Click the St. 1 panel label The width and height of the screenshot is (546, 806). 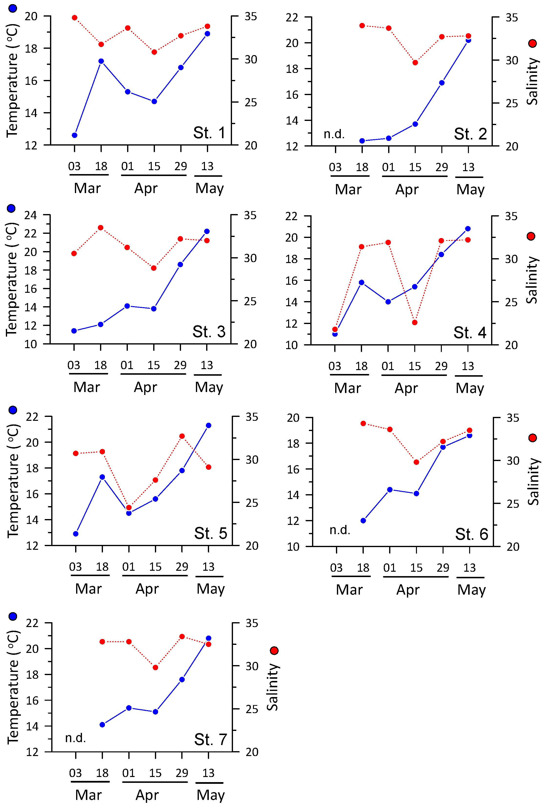click(209, 133)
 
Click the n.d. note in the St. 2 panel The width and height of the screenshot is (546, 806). click(334, 134)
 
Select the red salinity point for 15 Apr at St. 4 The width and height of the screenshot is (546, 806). click(415, 323)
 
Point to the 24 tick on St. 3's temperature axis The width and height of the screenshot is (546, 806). click(30, 215)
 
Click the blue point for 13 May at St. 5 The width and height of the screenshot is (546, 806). click(209, 425)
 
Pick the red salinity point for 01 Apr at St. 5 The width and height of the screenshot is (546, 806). click(129, 507)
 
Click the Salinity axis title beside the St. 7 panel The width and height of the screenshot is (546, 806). click(273, 687)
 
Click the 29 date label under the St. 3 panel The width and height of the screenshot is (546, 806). click(180, 365)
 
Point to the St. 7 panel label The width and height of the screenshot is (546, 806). click(210, 739)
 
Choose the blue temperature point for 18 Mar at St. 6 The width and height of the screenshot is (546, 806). click(363, 521)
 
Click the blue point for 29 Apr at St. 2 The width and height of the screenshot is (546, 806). click(442, 83)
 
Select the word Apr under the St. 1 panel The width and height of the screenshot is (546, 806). click(146, 188)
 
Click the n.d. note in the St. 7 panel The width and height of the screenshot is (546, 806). click(75, 738)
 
